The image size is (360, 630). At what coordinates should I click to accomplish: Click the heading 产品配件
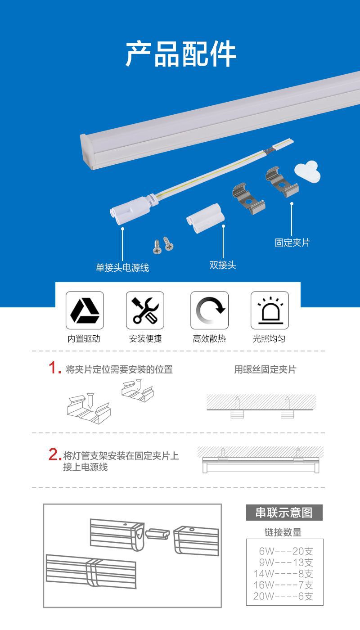(180, 54)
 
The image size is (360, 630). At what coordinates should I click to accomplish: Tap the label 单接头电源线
(122, 267)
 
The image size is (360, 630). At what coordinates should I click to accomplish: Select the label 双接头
(222, 265)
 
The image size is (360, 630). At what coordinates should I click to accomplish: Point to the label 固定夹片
(292, 243)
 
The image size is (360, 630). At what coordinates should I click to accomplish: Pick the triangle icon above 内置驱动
(85, 310)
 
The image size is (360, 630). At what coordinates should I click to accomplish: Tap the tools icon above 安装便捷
(145, 310)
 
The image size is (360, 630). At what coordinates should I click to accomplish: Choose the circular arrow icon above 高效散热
(210, 310)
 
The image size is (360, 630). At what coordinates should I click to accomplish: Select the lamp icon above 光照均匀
(270, 310)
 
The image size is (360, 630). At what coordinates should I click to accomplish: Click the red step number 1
(54, 368)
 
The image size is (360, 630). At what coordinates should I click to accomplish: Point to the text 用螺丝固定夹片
(265, 369)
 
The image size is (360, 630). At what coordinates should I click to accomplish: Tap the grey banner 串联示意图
(284, 513)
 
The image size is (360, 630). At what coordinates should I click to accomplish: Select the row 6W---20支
(286, 551)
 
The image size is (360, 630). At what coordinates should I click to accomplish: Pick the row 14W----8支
(283, 573)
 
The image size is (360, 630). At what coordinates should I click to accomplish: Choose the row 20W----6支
(283, 596)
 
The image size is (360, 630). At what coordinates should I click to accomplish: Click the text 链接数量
(283, 532)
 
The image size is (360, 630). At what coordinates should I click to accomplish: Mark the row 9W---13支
(286, 562)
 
